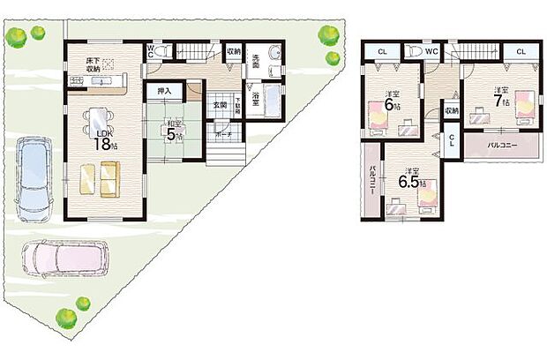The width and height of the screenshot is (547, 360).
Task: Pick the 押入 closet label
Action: (165, 90)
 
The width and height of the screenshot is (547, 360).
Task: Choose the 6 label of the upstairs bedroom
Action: (388, 105)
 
